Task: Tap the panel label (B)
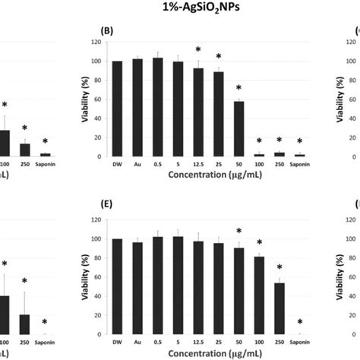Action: (108, 32)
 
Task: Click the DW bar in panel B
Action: (117, 109)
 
